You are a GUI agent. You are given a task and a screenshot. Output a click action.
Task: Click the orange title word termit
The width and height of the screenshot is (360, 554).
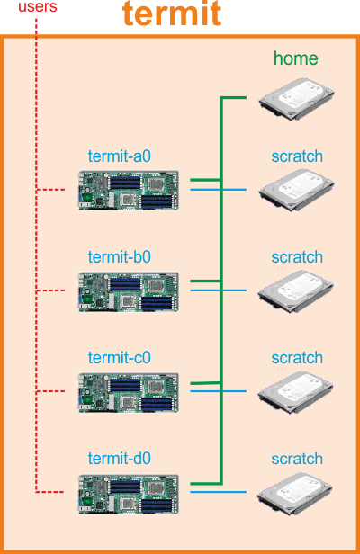[x=172, y=13]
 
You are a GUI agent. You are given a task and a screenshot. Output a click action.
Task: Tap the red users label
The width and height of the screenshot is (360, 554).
[x=38, y=6]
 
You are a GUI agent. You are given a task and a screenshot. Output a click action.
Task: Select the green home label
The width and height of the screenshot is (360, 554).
[x=295, y=58]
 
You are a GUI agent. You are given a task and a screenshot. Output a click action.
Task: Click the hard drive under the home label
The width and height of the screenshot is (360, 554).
[x=296, y=99]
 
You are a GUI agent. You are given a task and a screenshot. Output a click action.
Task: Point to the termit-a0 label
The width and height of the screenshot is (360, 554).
[x=120, y=156]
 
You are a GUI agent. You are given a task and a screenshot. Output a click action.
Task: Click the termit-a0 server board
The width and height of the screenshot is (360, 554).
[x=129, y=190]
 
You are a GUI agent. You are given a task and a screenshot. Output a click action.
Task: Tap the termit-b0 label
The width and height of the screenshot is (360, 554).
[x=120, y=257]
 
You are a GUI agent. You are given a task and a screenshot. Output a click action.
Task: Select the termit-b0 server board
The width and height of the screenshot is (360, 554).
[x=129, y=291]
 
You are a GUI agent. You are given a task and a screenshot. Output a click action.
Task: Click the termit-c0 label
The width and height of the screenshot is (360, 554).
[x=120, y=358]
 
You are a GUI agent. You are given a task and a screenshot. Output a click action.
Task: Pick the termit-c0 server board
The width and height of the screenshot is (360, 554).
[x=129, y=392]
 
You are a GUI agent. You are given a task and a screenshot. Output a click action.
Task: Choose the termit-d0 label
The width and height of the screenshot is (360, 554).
[x=120, y=459]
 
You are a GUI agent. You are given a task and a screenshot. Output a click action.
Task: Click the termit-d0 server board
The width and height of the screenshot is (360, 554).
[x=129, y=494]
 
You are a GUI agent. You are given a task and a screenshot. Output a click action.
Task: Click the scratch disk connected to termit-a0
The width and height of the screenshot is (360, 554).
[x=296, y=190]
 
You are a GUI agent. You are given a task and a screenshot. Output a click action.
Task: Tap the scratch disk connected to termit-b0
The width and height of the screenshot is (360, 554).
[x=295, y=291]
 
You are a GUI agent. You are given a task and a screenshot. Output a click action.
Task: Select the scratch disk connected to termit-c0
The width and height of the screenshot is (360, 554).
[x=295, y=392]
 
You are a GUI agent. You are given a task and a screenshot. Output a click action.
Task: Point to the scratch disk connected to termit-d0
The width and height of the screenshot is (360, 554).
[x=294, y=494]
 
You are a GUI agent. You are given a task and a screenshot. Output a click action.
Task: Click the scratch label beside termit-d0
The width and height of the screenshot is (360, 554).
[x=297, y=459]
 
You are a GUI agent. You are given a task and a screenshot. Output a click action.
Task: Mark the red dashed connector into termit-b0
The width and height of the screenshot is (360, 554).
[x=51, y=290]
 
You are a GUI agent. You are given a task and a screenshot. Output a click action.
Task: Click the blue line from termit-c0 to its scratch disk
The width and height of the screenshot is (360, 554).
[x=218, y=391]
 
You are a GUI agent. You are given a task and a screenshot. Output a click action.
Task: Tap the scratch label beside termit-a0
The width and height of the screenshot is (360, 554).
[x=297, y=156]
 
